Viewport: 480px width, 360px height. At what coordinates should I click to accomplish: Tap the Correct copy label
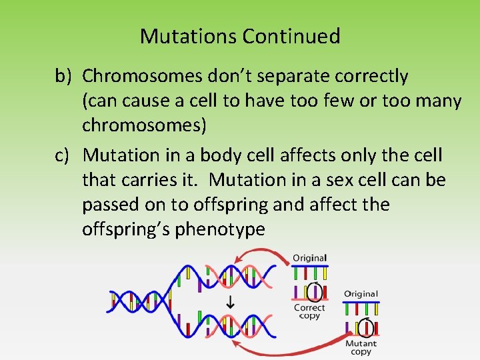point(309,311)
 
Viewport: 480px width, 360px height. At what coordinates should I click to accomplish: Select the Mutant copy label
point(361,347)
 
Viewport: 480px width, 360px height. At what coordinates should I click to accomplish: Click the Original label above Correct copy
point(309,258)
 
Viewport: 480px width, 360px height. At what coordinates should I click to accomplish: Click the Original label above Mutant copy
point(361,294)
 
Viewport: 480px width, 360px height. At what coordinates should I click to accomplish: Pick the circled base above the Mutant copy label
point(364,327)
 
